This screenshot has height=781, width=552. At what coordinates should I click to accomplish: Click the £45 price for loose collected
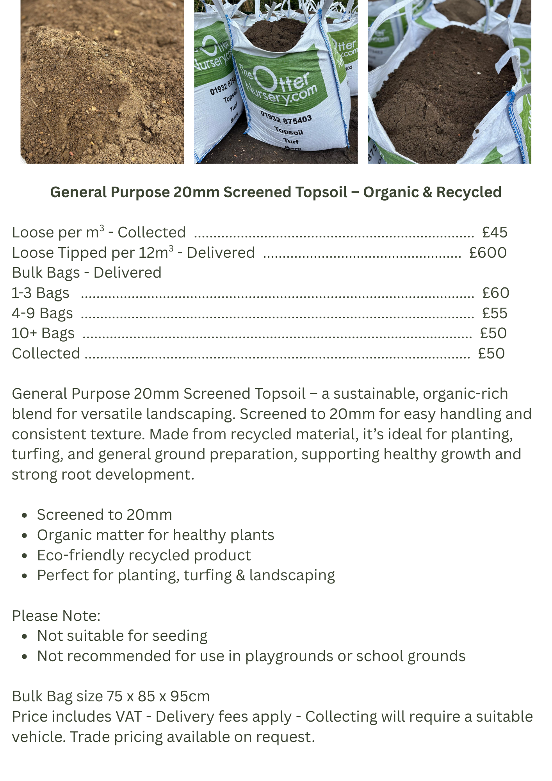[x=494, y=232]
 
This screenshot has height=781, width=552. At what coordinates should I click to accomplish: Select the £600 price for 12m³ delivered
[x=488, y=253]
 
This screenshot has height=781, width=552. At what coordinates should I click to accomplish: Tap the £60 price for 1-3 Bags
[x=495, y=293]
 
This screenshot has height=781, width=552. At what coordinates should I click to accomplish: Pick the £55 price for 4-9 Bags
[x=494, y=313]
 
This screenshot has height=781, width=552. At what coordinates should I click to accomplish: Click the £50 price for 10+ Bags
[x=493, y=333]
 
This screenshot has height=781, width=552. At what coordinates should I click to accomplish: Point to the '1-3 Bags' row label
[x=41, y=293]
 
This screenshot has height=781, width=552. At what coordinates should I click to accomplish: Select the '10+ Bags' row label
[x=43, y=333]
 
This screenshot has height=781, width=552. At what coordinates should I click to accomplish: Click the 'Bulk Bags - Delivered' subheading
[x=87, y=273]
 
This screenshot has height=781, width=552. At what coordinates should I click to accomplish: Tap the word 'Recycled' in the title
[x=468, y=192]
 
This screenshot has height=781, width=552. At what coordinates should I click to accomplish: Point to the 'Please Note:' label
[x=56, y=616]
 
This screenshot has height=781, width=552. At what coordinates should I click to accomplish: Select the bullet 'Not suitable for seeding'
[x=122, y=636]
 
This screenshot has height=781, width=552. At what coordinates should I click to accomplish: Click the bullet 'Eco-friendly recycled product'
[x=144, y=555]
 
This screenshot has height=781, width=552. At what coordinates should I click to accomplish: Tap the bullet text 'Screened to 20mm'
[x=104, y=515]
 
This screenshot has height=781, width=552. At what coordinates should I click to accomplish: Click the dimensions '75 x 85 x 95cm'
[x=158, y=696]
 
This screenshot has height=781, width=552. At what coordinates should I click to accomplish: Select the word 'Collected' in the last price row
[x=46, y=353]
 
